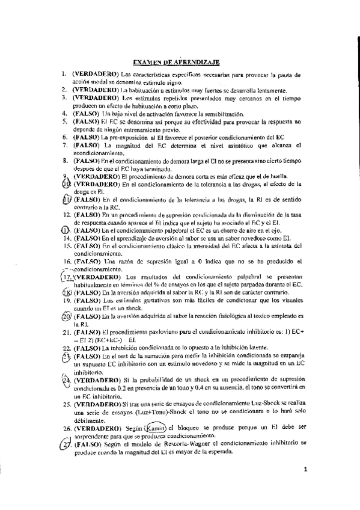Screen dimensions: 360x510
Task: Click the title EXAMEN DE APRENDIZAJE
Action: (175, 61)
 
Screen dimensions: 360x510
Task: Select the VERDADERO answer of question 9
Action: (96, 177)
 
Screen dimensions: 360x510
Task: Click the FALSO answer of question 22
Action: (87, 348)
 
